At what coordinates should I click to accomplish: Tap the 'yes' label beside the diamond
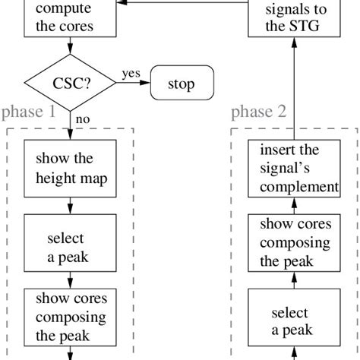(130, 74)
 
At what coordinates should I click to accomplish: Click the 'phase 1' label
(29, 112)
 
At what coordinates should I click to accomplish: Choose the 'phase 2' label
(258, 112)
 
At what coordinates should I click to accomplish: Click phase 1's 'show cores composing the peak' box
(70, 317)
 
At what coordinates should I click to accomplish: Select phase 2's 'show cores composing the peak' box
(294, 242)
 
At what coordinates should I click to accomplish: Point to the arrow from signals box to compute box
(182, 5)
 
